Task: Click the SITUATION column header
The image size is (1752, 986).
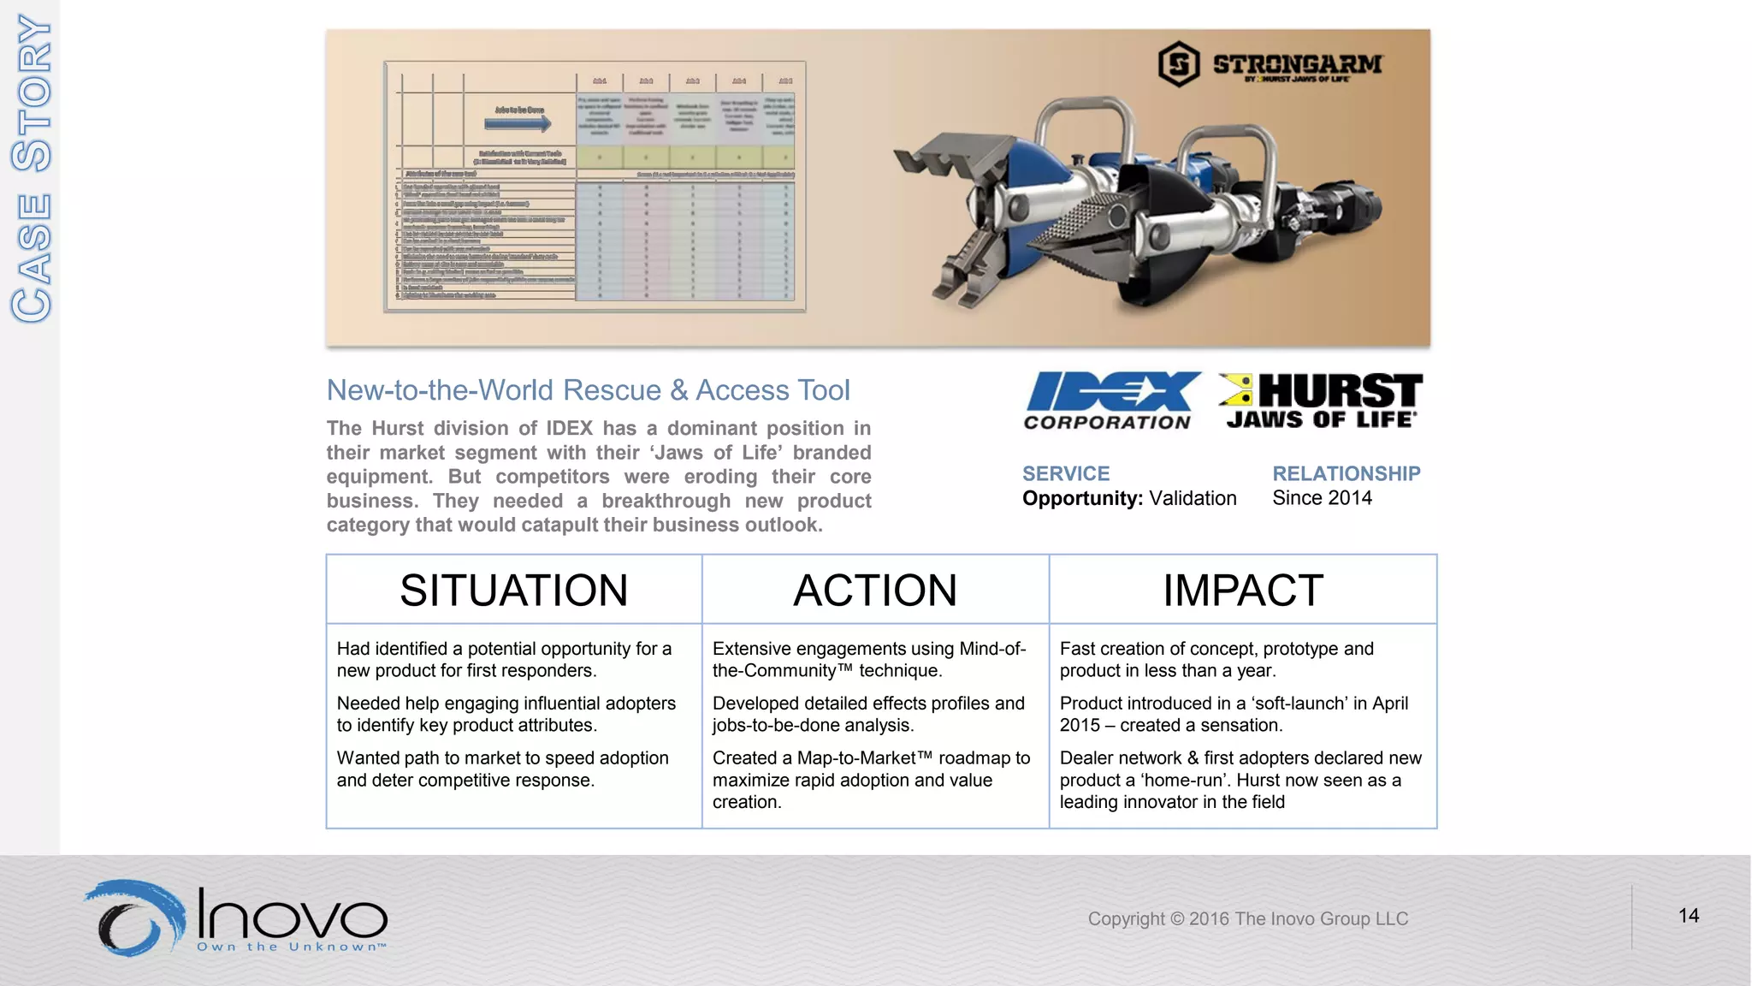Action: pyautogui.click(x=513, y=591)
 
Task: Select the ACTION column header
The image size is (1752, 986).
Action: pyautogui.click(x=874, y=591)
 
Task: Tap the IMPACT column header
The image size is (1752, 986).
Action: pyautogui.click(x=1242, y=591)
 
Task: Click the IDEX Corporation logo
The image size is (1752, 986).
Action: pyautogui.click(x=1110, y=400)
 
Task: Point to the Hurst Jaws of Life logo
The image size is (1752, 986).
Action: pyautogui.click(x=1320, y=400)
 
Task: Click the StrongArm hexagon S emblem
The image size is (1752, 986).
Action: pyautogui.click(x=1179, y=64)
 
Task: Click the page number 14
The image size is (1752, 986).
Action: pyautogui.click(x=1688, y=916)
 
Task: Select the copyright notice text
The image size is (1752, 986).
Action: pyautogui.click(x=1247, y=919)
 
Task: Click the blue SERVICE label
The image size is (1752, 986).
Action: pyautogui.click(x=1066, y=473)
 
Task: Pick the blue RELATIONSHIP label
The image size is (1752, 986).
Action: pyautogui.click(x=1346, y=473)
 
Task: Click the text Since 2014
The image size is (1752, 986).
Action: pyautogui.click(x=1322, y=498)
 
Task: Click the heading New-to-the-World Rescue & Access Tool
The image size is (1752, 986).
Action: pyautogui.click(x=588, y=390)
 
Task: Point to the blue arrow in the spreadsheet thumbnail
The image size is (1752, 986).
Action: pyautogui.click(x=518, y=124)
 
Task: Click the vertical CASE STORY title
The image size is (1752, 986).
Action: pyautogui.click(x=32, y=169)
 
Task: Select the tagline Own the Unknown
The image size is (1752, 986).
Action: pyautogui.click(x=291, y=947)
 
